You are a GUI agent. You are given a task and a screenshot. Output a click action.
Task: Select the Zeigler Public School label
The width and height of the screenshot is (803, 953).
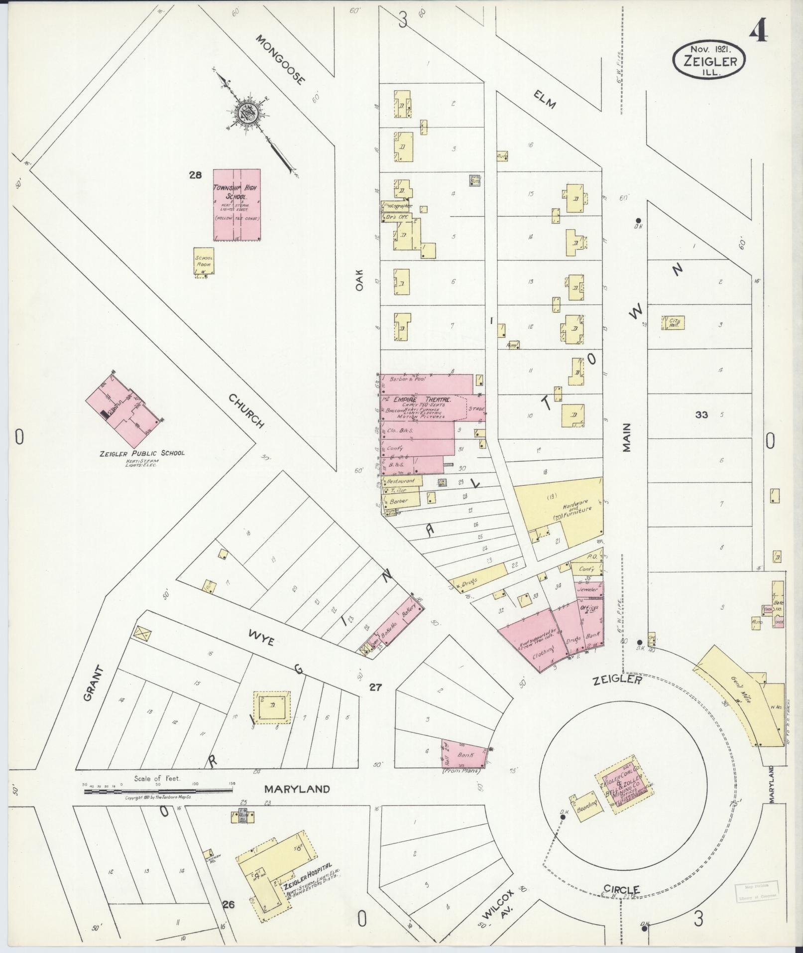142,453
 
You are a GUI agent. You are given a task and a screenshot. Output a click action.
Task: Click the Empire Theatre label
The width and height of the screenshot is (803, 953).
422,400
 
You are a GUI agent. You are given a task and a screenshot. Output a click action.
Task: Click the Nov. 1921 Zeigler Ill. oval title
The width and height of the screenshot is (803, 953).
709,59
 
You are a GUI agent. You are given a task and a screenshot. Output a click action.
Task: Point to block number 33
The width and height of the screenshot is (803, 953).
702,414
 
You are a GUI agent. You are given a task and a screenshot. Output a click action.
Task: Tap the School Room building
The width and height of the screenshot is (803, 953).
204,261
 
